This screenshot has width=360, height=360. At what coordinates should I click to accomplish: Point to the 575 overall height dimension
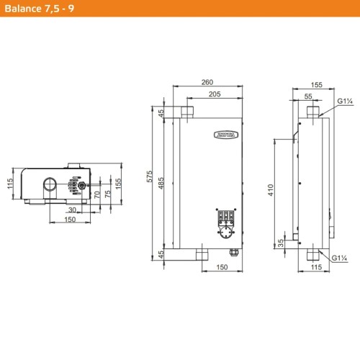coord(150,179)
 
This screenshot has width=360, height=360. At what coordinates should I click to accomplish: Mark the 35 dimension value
coord(281,243)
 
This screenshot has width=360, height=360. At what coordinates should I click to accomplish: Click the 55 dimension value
coord(307,95)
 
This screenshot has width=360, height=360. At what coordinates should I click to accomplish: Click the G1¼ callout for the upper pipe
coord(343,102)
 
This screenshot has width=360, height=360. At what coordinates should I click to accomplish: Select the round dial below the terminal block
coord(226,233)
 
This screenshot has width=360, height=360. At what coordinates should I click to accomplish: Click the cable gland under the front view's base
coord(233,251)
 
